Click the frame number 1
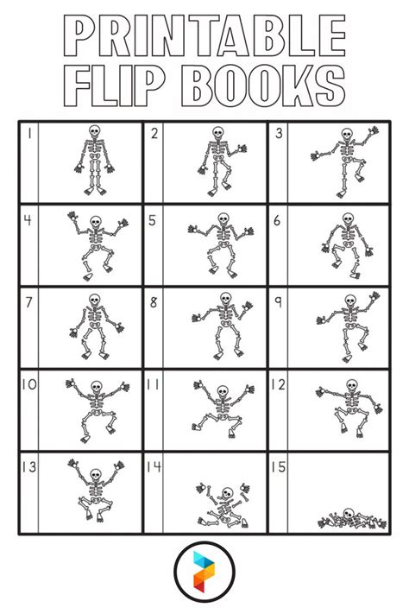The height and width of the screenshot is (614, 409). [x=28, y=133]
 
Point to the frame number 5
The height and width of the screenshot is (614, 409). [x=152, y=220]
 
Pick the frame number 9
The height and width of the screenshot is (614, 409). [x=278, y=302]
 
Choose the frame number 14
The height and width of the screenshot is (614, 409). [x=154, y=467]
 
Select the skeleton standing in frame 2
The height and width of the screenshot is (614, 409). [x=217, y=160]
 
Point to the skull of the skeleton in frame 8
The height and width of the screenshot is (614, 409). [x=225, y=300]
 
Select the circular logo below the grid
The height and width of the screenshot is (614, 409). [x=204, y=572]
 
